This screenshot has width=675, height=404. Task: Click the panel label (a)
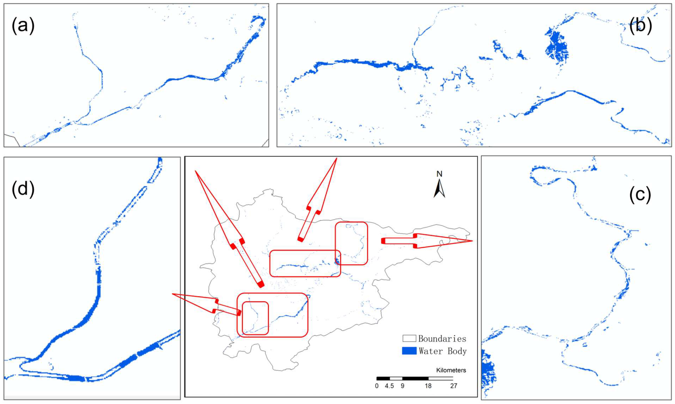pos(23,26)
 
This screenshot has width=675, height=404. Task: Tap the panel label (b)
pos(640,26)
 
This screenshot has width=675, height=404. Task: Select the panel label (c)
pos(640,195)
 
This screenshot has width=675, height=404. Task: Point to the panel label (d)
pos(23,188)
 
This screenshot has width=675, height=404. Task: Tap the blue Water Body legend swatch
pos(409,351)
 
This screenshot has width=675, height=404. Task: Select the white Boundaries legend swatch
pos(409,338)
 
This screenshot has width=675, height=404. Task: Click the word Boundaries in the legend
pos(442,339)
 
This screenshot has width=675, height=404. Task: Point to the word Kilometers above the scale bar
pos(451,370)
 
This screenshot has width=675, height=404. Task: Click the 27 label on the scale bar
pos(454,386)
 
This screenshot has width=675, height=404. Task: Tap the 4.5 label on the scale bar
pos(389,386)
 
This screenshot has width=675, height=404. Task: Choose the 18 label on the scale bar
pos(428,386)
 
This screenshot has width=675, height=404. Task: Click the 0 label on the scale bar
pos(377,386)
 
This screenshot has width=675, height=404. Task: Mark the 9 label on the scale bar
pos(402,386)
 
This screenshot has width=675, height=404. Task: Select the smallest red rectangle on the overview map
pos(255,318)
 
